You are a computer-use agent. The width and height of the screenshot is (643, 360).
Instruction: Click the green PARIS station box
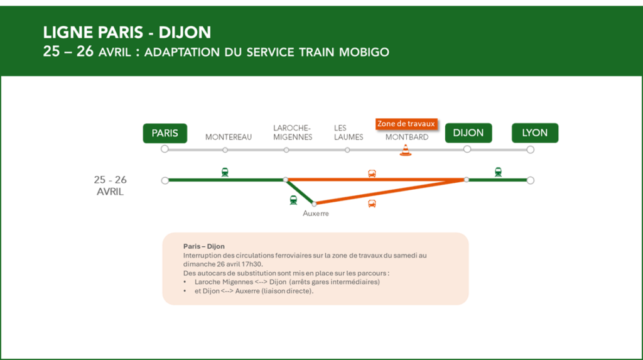[x=165, y=133]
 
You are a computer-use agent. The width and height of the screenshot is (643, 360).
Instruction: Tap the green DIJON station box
[x=468, y=133]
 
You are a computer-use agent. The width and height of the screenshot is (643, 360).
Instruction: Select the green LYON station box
[x=534, y=133]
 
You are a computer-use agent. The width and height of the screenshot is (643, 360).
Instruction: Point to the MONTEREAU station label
[x=229, y=137]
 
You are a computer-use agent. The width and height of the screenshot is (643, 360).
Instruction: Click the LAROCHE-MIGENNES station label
[x=292, y=132]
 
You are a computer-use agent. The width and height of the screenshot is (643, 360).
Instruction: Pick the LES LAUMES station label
[x=348, y=132]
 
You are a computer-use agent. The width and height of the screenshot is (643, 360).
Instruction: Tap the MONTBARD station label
[x=407, y=137]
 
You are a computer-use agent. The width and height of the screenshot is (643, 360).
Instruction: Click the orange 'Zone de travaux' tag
[x=406, y=124]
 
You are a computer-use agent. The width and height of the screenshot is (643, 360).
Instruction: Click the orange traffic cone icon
[x=406, y=150]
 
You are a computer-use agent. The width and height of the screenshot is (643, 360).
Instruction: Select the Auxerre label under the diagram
[x=316, y=214]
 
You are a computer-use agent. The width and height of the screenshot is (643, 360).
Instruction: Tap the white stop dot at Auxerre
[x=314, y=204]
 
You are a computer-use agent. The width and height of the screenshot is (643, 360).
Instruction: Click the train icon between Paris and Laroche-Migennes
[x=225, y=172]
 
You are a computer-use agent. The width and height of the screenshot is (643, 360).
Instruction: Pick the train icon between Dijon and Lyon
[x=498, y=172]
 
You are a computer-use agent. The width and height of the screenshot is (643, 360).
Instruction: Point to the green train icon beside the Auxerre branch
[x=293, y=200]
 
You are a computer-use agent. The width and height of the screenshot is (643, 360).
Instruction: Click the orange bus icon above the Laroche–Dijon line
[x=372, y=173]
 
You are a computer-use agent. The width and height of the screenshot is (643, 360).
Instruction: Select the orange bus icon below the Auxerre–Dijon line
[x=372, y=203]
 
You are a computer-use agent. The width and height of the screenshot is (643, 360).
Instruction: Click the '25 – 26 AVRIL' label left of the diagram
[x=110, y=186]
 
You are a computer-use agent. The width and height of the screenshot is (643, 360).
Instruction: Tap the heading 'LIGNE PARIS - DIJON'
[x=127, y=33]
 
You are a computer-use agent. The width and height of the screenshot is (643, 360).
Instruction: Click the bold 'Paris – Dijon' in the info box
[x=204, y=246]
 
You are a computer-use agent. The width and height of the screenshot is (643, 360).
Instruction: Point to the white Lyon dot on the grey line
[x=531, y=150]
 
